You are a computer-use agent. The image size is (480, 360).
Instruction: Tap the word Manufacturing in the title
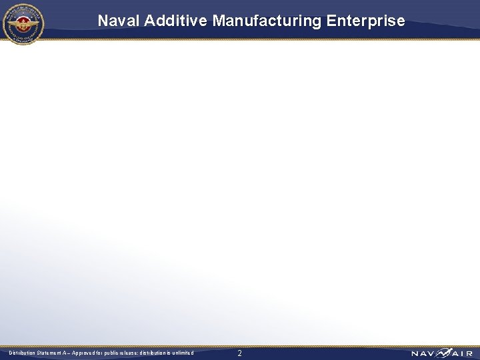click(x=267, y=21)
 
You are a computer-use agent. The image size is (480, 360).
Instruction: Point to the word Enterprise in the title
click(x=365, y=21)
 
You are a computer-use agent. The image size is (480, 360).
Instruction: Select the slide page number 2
click(x=240, y=353)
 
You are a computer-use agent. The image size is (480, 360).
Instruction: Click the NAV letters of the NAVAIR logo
click(x=423, y=353)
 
